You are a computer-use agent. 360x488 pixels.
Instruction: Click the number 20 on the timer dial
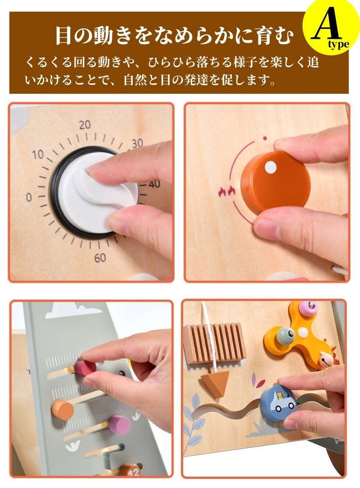[x=85, y=125]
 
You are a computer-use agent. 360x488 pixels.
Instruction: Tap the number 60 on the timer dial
[x=100, y=258]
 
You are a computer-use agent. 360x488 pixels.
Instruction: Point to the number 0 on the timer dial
[x=29, y=197]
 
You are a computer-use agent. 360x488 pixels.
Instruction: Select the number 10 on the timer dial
[x=38, y=154]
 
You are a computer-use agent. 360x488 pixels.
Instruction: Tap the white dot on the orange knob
[x=271, y=167]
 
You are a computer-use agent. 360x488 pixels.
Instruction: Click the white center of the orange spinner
[x=303, y=332]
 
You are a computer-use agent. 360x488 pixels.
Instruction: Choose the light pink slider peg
[x=119, y=425]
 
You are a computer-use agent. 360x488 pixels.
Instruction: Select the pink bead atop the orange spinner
[x=308, y=307]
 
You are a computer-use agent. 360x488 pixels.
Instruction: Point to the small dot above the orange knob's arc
[x=265, y=138]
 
